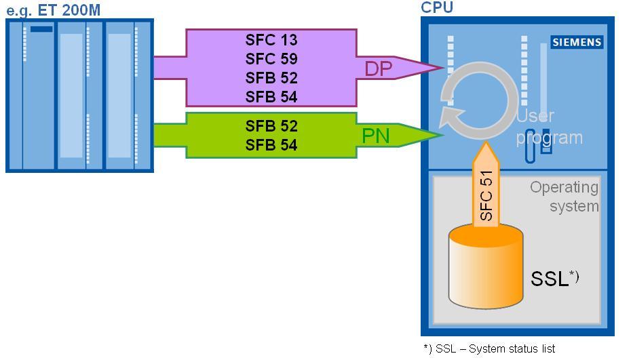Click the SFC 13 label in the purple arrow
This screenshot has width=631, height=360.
(x=271, y=40)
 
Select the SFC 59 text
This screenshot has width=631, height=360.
(x=271, y=59)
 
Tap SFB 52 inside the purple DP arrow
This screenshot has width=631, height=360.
(x=271, y=78)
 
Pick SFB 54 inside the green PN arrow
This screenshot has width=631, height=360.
(x=271, y=145)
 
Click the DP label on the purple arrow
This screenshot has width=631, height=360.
(x=379, y=69)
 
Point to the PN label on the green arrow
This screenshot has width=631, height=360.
(x=376, y=136)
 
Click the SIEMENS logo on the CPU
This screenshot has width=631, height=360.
(x=576, y=42)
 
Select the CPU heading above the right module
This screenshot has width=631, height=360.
(x=437, y=7)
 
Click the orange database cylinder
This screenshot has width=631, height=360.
(x=486, y=268)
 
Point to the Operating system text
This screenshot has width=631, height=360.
(x=565, y=196)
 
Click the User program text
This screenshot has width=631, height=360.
(x=549, y=127)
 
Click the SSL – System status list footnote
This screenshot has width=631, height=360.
(x=489, y=348)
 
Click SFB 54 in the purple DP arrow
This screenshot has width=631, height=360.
(x=271, y=97)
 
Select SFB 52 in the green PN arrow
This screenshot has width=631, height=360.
(x=271, y=126)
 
